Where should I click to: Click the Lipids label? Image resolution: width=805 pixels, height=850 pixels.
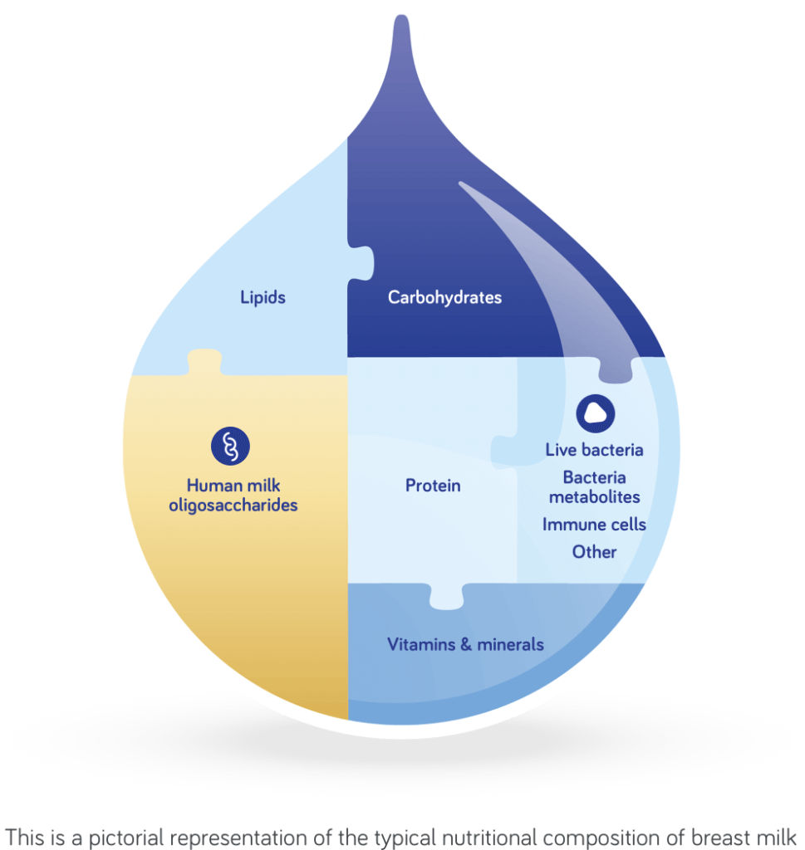pyautogui.click(x=263, y=296)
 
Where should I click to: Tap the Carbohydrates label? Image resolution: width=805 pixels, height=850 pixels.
pyautogui.click(x=444, y=296)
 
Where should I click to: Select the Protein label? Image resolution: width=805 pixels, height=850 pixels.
pyautogui.click(x=433, y=486)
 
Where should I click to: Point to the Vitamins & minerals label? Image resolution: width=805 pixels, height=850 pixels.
pyautogui.click(x=465, y=643)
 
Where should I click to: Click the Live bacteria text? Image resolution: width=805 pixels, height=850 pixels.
pyautogui.click(x=594, y=450)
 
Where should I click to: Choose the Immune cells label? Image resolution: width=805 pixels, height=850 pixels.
pyautogui.click(x=594, y=525)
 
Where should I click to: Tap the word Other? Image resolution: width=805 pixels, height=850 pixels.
pyautogui.click(x=594, y=551)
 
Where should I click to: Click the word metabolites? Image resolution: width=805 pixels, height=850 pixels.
pyautogui.click(x=594, y=497)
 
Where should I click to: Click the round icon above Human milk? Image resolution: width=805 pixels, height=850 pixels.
pyautogui.click(x=230, y=446)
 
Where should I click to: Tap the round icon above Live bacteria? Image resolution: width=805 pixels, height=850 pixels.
pyautogui.click(x=595, y=411)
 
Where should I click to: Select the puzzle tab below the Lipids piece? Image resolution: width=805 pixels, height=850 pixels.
pyautogui.click(x=204, y=364)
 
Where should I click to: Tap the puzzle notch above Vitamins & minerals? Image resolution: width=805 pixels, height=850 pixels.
pyautogui.click(x=446, y=596)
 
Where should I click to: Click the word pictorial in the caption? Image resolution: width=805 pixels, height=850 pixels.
pyautogui.click(x=135, y=833)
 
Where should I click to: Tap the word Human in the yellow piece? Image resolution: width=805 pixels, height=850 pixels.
pyautogui.click(x=211, y=486)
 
